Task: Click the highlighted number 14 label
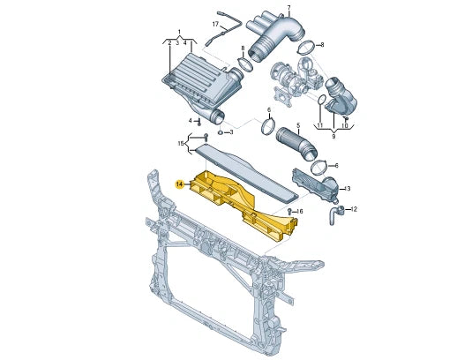click(x=179, y=184)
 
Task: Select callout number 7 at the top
click(x=287, y=8)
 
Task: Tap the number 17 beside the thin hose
click(x=214, y=24)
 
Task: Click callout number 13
click(x=347, y=188)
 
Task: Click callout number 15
click(x=181, y=142)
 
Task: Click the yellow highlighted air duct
click(x=238, y=199)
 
